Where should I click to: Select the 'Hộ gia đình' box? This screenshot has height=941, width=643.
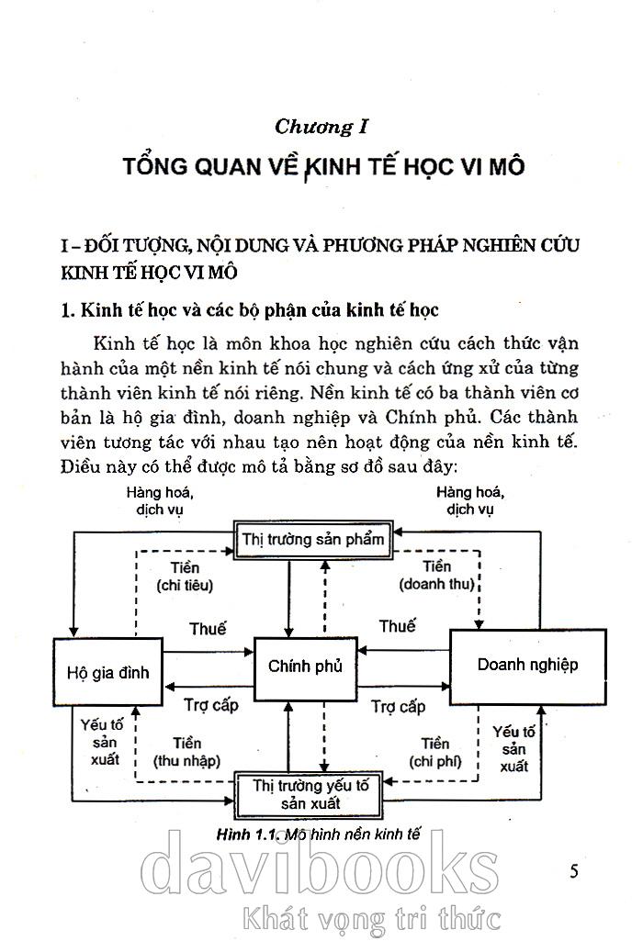(107, 672)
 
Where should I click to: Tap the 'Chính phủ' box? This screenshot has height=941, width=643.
(305, 667)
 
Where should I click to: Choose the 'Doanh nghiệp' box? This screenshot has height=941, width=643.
(527, 664)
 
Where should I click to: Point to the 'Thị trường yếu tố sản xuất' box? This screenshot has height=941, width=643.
(310, 793)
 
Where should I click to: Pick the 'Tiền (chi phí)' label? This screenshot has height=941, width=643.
(435, 752)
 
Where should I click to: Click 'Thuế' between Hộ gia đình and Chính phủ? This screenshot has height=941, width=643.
(208, 629)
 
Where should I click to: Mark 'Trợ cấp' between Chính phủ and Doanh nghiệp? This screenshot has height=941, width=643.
(398, 707)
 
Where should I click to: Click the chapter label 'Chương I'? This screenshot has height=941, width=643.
(321, 127)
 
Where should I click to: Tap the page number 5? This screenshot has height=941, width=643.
(574, 871)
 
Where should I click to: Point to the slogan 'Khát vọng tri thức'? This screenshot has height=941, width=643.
(368, 917)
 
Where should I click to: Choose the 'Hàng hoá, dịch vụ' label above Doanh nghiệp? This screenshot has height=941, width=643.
(470, 499)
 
